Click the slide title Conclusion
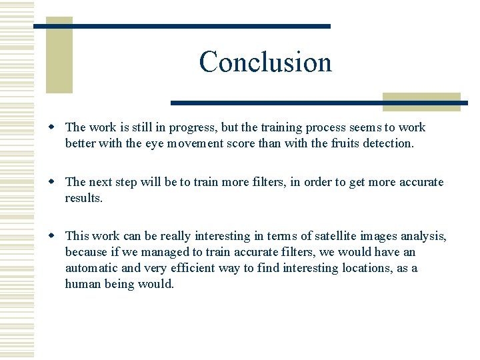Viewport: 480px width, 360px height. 265,62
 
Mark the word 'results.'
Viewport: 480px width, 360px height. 84,198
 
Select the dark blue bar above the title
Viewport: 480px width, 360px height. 182,26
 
